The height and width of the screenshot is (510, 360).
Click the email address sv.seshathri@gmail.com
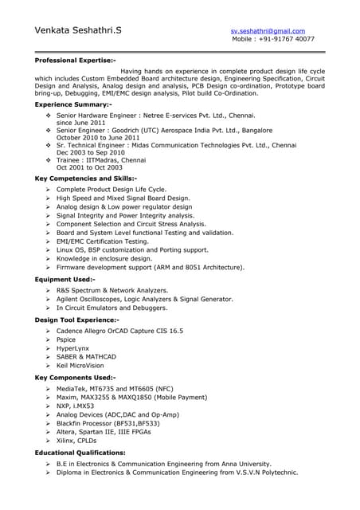tap(268, 30)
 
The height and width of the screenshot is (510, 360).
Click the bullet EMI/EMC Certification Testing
tap(103, 241)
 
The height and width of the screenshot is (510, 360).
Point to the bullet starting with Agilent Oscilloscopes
tap(145, 299)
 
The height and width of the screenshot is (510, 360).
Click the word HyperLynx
tap(75, 348)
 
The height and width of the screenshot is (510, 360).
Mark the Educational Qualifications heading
tap(80, 453)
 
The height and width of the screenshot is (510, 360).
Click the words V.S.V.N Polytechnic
tap(261, 472)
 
